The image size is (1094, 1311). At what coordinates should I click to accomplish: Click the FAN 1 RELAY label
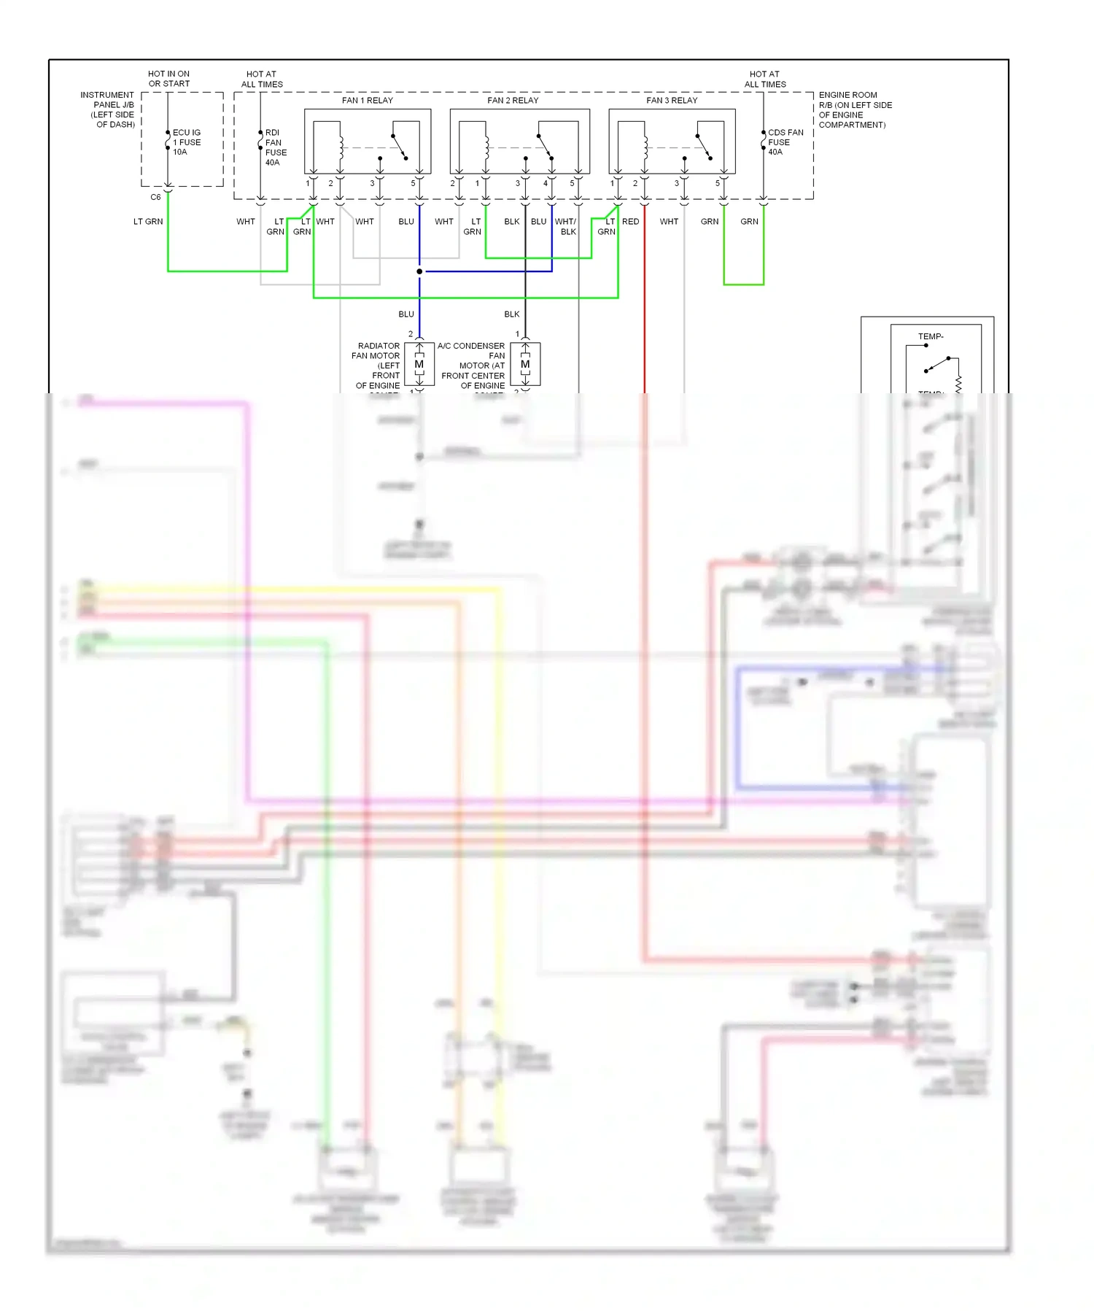coord(367,100)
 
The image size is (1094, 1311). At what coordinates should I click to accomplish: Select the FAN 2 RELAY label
coord(513,100)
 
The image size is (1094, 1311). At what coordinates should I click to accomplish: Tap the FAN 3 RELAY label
coord(672,100)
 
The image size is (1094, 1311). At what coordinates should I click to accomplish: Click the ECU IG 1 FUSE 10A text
coord(186,142)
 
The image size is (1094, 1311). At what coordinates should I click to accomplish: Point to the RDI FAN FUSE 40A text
coord(276,147)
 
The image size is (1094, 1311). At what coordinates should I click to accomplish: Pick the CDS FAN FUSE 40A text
coord(785,142)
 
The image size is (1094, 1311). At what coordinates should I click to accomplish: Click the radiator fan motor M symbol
coord(419,364)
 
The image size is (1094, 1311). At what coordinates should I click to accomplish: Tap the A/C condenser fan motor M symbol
coord(525,364)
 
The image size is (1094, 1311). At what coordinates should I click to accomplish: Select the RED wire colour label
coord(630,222)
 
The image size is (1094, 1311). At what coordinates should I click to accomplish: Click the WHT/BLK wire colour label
coord(566,226)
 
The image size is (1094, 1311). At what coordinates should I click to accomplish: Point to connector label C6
coord(155,197)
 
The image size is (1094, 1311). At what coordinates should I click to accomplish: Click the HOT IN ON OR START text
coord(168,79)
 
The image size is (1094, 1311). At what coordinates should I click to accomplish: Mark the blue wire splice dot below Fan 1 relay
coord(419,271)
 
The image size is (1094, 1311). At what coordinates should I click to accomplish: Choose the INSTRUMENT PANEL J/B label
coord(108,109)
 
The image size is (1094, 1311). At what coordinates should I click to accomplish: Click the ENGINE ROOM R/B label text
coord(853,109)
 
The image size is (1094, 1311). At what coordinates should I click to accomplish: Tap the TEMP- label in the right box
coord(930,336)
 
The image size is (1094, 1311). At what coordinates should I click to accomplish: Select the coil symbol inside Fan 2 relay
coord(486,147)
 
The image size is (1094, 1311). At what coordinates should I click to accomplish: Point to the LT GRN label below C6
coord(148,222)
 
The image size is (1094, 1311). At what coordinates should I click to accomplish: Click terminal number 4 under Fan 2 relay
coord(546,184)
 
